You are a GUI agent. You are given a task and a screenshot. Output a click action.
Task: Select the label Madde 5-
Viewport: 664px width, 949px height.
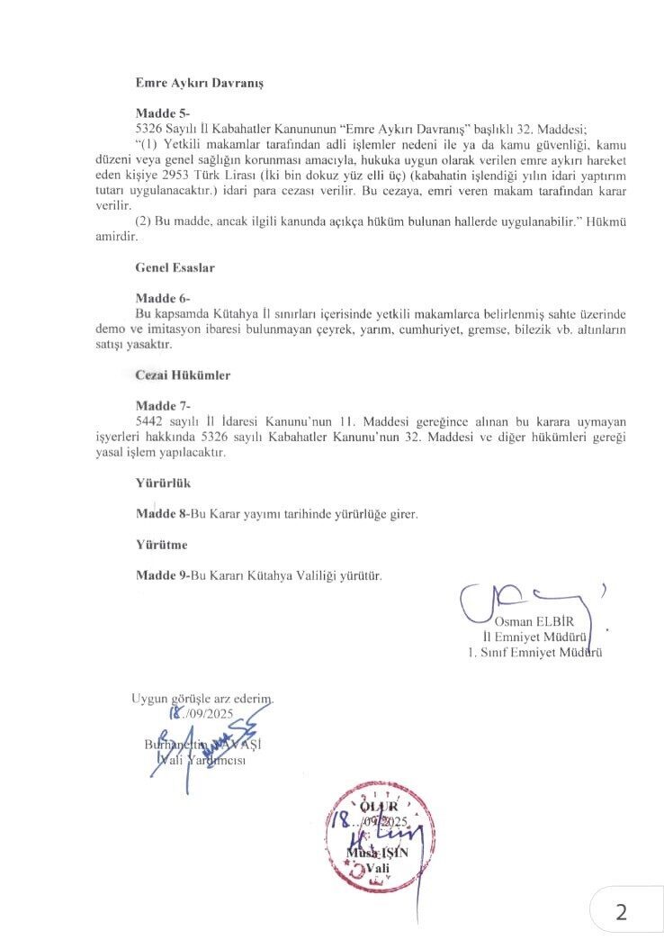point(162,114)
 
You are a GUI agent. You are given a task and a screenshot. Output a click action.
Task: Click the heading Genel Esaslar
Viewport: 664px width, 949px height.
point(175,268)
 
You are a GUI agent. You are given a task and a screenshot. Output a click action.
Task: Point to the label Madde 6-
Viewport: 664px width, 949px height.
point(162,298)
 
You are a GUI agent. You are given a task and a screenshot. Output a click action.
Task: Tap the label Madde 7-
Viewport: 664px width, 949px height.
point(162,405)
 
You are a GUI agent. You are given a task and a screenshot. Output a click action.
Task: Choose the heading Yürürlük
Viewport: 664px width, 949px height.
point(163,483)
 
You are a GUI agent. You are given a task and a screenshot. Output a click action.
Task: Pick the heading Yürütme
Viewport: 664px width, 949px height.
point(162,545)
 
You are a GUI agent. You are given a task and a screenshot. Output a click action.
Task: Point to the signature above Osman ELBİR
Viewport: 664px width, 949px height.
point(522,600)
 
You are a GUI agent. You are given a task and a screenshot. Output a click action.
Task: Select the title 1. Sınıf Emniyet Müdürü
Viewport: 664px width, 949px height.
point(534,652)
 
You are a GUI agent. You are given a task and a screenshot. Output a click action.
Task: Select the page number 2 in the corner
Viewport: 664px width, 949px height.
point(620,911)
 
